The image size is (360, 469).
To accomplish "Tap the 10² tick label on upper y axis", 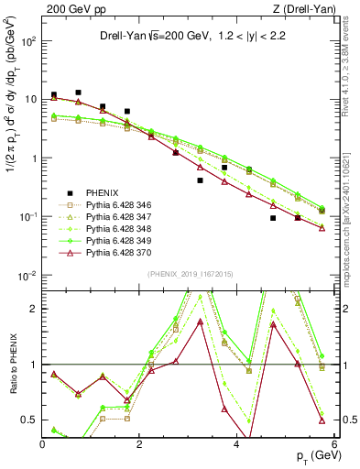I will tap(29, 41).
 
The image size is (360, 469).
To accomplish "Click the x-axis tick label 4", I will tap(236, 443).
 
